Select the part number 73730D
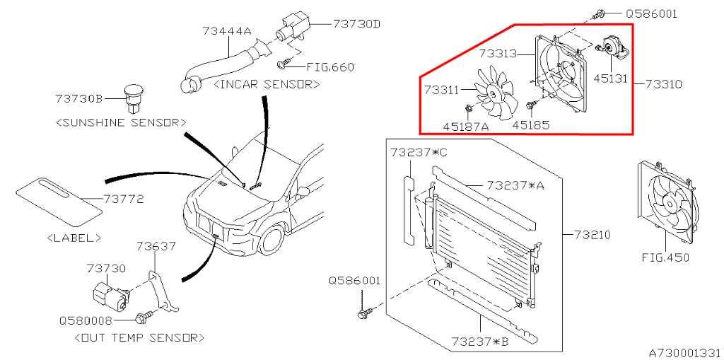point(357,23)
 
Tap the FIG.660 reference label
point(329,67)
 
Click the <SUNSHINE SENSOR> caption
point(120,122)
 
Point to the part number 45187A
point(467,127)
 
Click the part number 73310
point(662,83)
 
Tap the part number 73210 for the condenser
point(592,233)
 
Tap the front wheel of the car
point(273,240)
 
